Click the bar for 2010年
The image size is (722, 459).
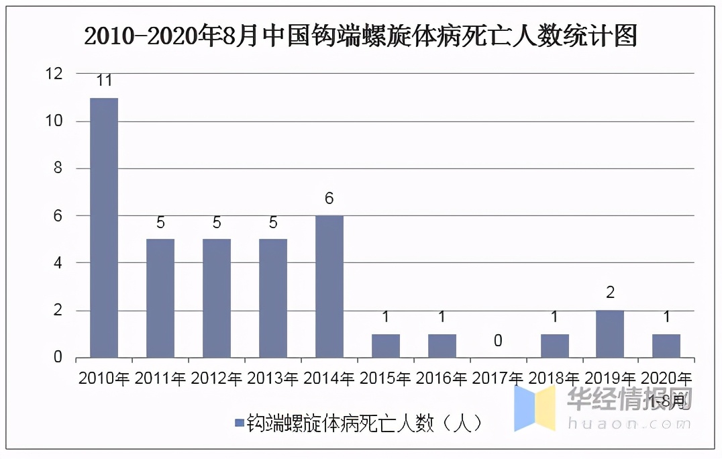click(104, 227)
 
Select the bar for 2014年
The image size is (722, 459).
click(329, 287)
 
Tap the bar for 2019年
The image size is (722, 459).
click(610, 334)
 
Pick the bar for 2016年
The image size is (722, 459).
click(442, 346)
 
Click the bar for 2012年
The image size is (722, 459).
click(217, 298)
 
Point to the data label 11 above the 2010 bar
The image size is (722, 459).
click(104, 81)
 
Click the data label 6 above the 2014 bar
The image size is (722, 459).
click(329, 199)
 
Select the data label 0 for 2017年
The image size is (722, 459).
click(498, 342)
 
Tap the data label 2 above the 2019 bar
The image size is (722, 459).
click(610, 293)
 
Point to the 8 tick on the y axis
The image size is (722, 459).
click(58, 168)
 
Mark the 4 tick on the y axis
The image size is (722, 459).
click(58, 263)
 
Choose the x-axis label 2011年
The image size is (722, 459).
click(160, 379)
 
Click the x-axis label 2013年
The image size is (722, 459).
click(273, 379)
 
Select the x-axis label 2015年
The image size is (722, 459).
click(386, 379)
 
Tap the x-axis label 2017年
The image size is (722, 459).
click(498, 379)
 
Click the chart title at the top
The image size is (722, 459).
click(360, 36)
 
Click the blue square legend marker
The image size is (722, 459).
click(238, 423)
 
